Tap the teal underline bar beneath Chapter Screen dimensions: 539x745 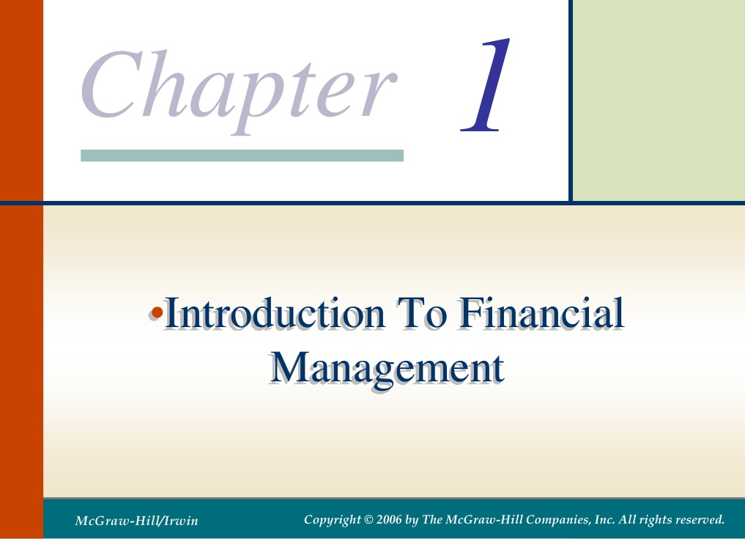click(242, 155)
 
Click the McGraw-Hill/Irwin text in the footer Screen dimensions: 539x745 click(136, 521)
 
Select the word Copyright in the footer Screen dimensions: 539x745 click(330, 520)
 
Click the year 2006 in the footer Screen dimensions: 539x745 click(388, 520)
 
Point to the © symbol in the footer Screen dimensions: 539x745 click(368, 520)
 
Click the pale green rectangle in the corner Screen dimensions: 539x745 click(658, 99)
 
